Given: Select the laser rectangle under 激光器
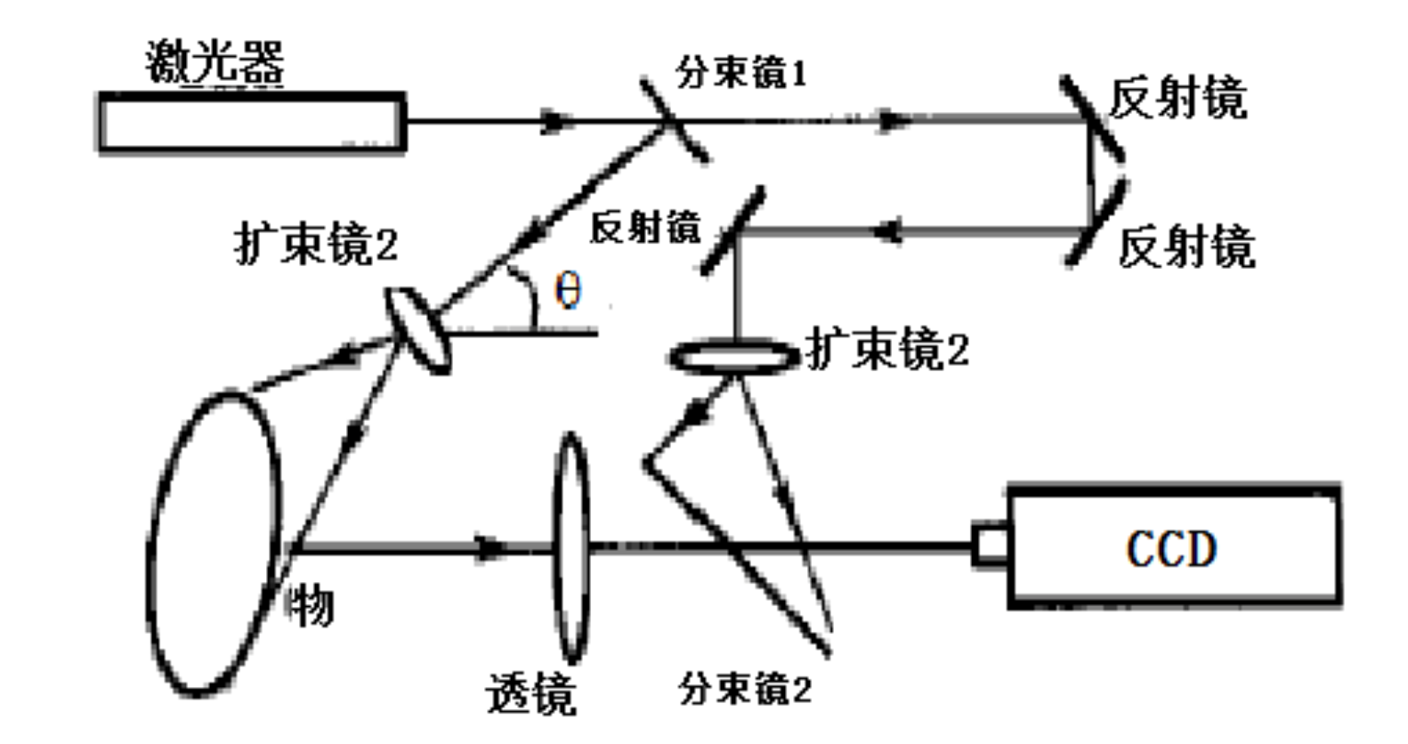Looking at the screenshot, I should pyautogui.click(x=251, y=124).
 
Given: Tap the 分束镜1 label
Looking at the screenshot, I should pyautogui.click(x=741, y=72).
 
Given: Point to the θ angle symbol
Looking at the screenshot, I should pyautogui.click(x=568, y=289).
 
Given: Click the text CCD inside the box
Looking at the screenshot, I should pyautogui.click(x=1171, y=548).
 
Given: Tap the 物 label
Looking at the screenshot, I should pyautogui.click(x=310, y=607).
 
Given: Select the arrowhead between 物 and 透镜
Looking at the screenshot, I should pyautogui.click(x=490, y=547).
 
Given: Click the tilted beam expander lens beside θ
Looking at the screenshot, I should pyautogui.click(x=417, y=330).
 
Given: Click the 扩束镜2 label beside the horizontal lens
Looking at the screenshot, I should pyautogui.click(x=886, y=349).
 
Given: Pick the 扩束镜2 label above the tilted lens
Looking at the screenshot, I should pyautogui.click(x=316, y=243).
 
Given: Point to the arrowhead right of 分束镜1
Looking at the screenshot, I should pyautogui.click(x=893, y=121).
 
